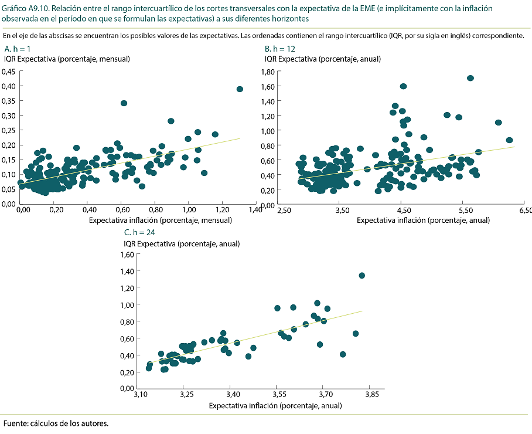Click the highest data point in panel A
(240, 89)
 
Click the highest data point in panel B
(470, 78)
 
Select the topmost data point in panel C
(362, 276)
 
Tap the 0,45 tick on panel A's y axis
(9, 72)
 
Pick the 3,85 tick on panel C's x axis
(371, 395)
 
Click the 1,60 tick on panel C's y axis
(127, 255)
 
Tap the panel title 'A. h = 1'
(17, 49)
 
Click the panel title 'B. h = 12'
(280, 49)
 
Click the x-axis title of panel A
(161, 220)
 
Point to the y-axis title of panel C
(182, 243)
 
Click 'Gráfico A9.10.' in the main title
(26, 9)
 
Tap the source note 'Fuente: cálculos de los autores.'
(56, 423)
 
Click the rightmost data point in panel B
(509, 140)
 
